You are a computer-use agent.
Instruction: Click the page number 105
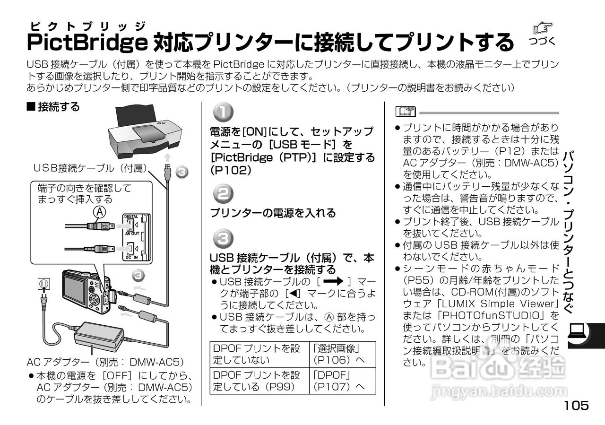click(x=576, y=406)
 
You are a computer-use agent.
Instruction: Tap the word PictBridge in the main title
click(x=86, y=43)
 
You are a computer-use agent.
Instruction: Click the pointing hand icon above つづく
click(x=542, y=28)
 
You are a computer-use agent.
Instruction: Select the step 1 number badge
click(x=222, y=113)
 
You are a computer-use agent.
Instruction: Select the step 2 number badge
click(x=222, y=194)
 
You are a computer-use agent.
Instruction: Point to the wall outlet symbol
click(x=43, y=286)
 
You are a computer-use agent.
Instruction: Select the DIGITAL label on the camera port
click(x=131, y=217)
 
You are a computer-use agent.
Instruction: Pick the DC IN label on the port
click(x=131, y=257)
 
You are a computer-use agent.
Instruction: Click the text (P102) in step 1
click(x=230, y=170)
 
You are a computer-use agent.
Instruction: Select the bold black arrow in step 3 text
click(x=333, y=282)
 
